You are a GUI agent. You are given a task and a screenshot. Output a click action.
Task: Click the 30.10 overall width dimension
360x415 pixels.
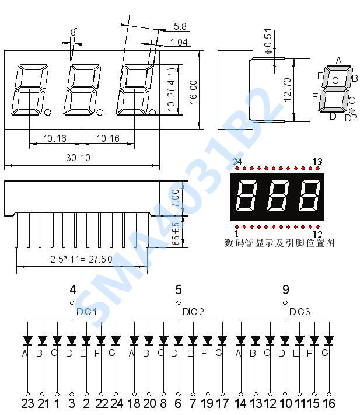[78, 157]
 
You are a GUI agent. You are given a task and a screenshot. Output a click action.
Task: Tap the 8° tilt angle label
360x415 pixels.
[74, 33]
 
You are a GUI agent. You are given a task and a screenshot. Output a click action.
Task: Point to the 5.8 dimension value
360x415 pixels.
[180, 26]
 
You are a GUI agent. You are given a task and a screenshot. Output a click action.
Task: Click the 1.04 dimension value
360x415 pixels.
[179, 42]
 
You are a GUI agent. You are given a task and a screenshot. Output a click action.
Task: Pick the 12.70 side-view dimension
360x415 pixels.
[286, 90]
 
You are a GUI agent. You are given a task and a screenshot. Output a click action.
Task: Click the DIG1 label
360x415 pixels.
[86, 312]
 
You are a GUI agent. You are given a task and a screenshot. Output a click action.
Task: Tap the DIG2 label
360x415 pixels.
[193, 312]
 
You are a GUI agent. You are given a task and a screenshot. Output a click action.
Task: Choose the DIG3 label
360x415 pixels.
[299, 312]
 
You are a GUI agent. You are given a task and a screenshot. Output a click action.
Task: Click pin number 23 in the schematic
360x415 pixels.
[27, 403]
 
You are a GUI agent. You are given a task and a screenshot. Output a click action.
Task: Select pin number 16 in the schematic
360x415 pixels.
[328, 403]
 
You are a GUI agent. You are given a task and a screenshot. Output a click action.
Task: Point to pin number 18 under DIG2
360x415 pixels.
[134, 403]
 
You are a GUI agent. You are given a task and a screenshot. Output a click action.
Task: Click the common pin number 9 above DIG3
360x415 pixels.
[285, 290]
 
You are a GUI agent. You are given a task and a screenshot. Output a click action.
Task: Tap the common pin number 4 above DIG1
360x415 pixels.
[72, 290]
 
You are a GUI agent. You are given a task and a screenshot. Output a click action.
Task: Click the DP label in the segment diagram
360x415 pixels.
[351, 118]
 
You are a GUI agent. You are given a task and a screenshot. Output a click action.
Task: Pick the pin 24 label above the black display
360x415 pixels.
[236, 162]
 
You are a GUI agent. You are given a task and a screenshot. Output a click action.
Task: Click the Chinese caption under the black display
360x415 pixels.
[279, 243]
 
